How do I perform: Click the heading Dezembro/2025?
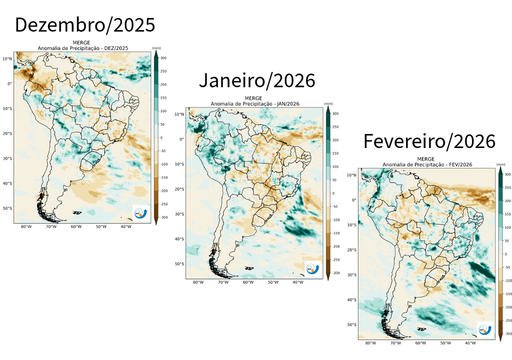click(x=85, y=25)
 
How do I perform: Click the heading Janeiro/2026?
click(x=257, y=80)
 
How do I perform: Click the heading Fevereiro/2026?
click(x=429, y=141)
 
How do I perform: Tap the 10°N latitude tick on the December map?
click(x=6, y=58)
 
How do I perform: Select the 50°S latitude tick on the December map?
click(x=6, y=208)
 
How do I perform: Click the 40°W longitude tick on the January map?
click(x=298, y=282)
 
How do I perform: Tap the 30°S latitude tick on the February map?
click(x=351, y=275)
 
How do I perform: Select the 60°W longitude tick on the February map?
click(x=420, y=343)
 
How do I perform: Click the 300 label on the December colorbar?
click(x=163, y=58)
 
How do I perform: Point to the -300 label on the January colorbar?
click(x=335, y=273)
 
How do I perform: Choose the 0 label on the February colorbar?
click(x=505, y=254)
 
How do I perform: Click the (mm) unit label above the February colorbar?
click(x=500, y=164)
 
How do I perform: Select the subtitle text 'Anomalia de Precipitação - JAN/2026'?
click(x=255, y=104)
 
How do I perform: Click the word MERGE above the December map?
click(x=83, y=43)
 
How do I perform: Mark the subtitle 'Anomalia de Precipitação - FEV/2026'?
click(x=427, y=164)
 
